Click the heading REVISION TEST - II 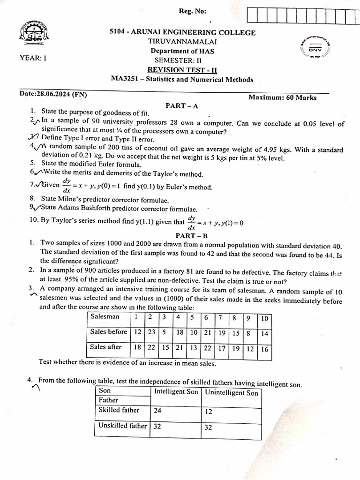click(182, 70)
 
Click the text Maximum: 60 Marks click(282, 97)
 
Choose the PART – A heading click(182, 106)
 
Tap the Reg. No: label click(192, 12)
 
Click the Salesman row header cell click(105, 317)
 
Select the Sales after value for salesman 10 click(264, 349)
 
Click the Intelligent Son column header click(176, 392)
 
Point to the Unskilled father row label click(122, 426)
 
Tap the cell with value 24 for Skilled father click(158, 410)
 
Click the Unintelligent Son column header click(232, 393)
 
